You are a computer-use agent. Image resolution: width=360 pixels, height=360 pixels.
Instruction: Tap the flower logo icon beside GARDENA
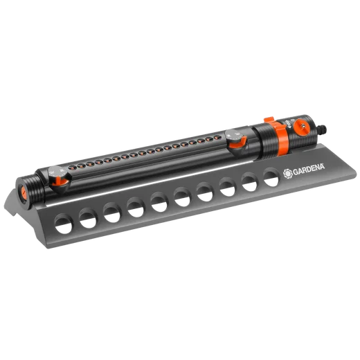pyautogui.click(x=288, y=174)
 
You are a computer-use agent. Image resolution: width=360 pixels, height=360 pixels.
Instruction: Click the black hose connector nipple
pyautogui.click(x=322, y=129)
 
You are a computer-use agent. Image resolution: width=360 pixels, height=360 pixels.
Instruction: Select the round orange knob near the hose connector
pyautogui.click(x=302, y=125)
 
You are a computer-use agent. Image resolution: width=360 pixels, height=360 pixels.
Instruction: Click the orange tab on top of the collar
pyautogui.click(x=269, y=120)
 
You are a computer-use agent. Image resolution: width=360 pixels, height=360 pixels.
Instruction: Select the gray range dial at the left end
pyautogui.click(x=57, y=172)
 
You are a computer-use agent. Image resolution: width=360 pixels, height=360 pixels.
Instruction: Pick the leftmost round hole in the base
pyautogui.click(x=64, y=224)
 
